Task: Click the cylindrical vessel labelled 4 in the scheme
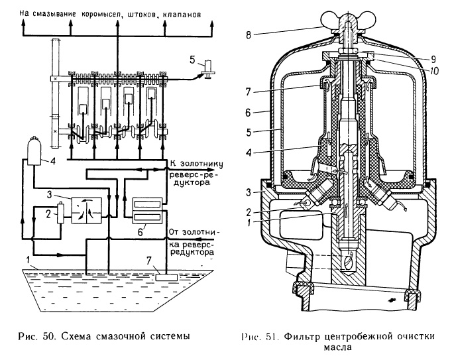tap(33, 150)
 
